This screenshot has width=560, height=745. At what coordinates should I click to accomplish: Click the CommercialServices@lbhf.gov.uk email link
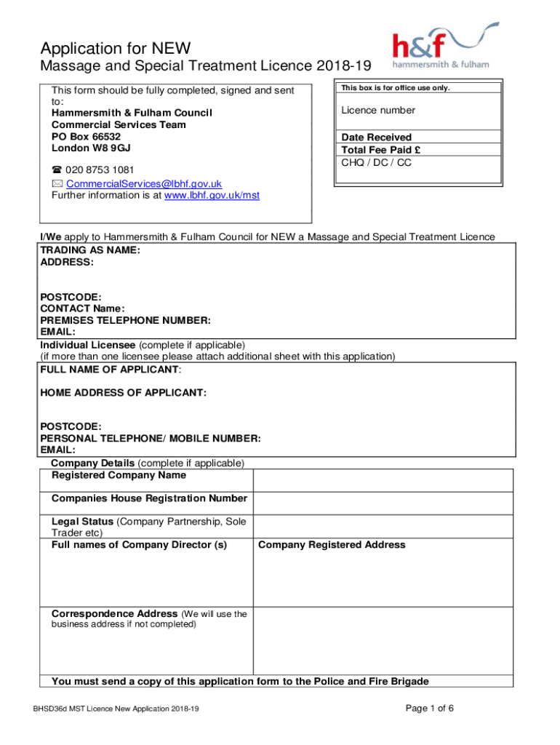143,184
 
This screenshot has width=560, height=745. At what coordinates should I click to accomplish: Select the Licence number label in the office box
378,111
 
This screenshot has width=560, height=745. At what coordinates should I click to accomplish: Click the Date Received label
377,138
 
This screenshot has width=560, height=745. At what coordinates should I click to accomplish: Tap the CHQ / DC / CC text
377,163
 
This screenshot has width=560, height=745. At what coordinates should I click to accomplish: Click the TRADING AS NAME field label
90,250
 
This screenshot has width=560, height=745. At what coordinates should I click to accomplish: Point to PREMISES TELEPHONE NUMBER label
125,320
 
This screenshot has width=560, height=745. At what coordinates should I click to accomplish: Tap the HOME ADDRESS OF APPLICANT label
123,393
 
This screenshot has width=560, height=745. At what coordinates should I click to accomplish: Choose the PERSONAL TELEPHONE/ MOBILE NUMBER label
150,439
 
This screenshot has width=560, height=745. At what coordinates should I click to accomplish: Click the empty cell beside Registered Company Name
383,480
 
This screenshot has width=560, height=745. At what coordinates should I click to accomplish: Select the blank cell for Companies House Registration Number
383,503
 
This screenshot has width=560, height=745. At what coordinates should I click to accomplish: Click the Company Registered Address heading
332,545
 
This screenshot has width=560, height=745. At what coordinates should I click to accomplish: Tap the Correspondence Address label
114,614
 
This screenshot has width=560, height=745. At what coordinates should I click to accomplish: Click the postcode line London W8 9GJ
91,148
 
